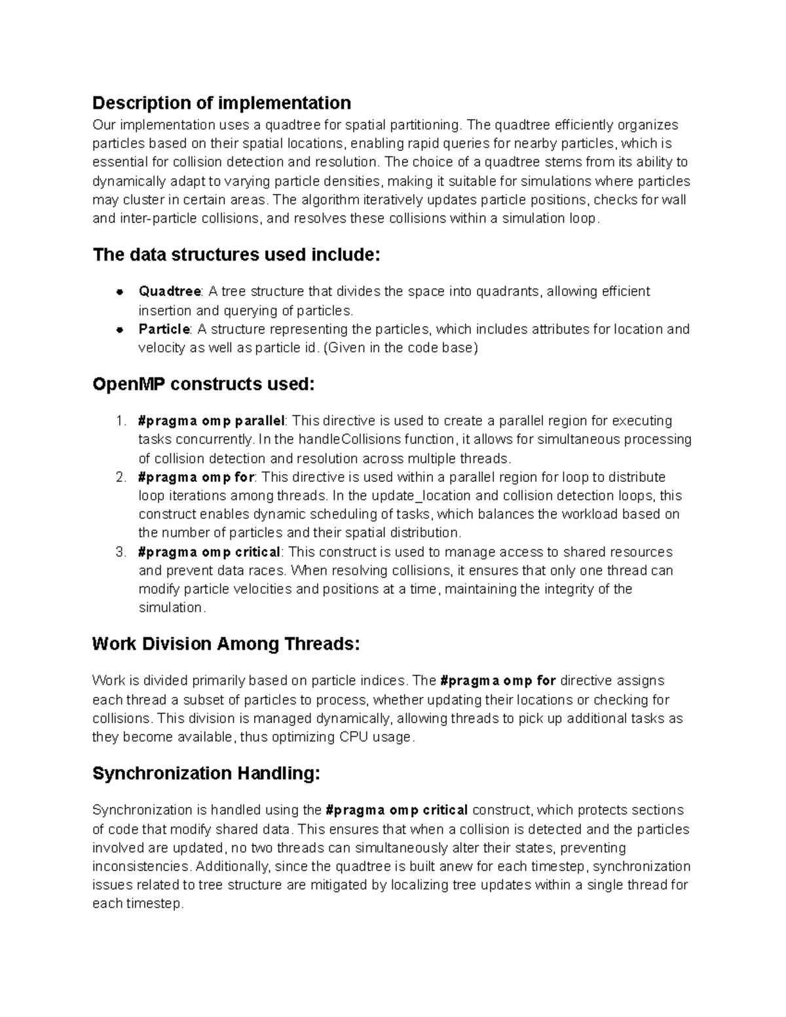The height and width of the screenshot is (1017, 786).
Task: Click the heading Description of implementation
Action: pos(221,103)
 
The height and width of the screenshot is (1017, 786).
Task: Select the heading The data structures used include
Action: pos(236,255)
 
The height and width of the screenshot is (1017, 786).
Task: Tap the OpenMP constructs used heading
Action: pos(203,384)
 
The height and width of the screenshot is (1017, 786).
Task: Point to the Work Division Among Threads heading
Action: pos(226,644)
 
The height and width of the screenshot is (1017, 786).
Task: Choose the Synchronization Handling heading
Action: pos(206,774)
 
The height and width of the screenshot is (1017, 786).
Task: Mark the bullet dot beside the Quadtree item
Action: pos(120,291)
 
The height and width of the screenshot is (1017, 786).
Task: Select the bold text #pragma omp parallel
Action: pos(211,420)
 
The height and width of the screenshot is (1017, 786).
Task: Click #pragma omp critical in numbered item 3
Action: pos(209,552)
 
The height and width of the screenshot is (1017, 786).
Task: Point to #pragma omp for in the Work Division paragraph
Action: pos(498,681)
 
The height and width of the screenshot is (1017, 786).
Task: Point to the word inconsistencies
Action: pos(142,867)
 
